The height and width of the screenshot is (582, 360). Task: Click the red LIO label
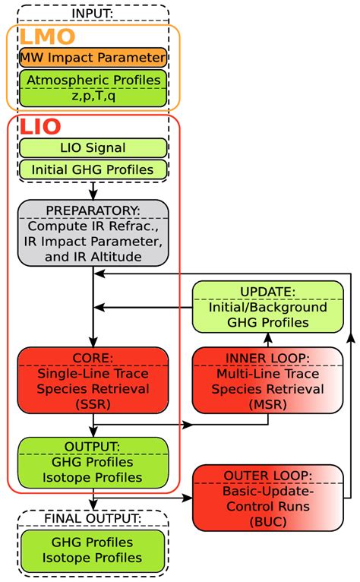[40, 127]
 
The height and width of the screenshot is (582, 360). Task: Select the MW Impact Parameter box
[93, 57]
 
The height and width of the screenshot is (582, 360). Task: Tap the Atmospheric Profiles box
[93, 87]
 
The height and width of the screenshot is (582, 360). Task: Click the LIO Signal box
[93, 147]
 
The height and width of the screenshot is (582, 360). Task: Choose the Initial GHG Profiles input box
[93, 170]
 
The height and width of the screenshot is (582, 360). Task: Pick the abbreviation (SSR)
[93, 404]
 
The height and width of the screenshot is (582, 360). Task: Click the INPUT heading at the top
[93, 13]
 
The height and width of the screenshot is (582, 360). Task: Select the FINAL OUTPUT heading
[93, 520]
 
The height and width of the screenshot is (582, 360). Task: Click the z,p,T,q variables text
[93, 96]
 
